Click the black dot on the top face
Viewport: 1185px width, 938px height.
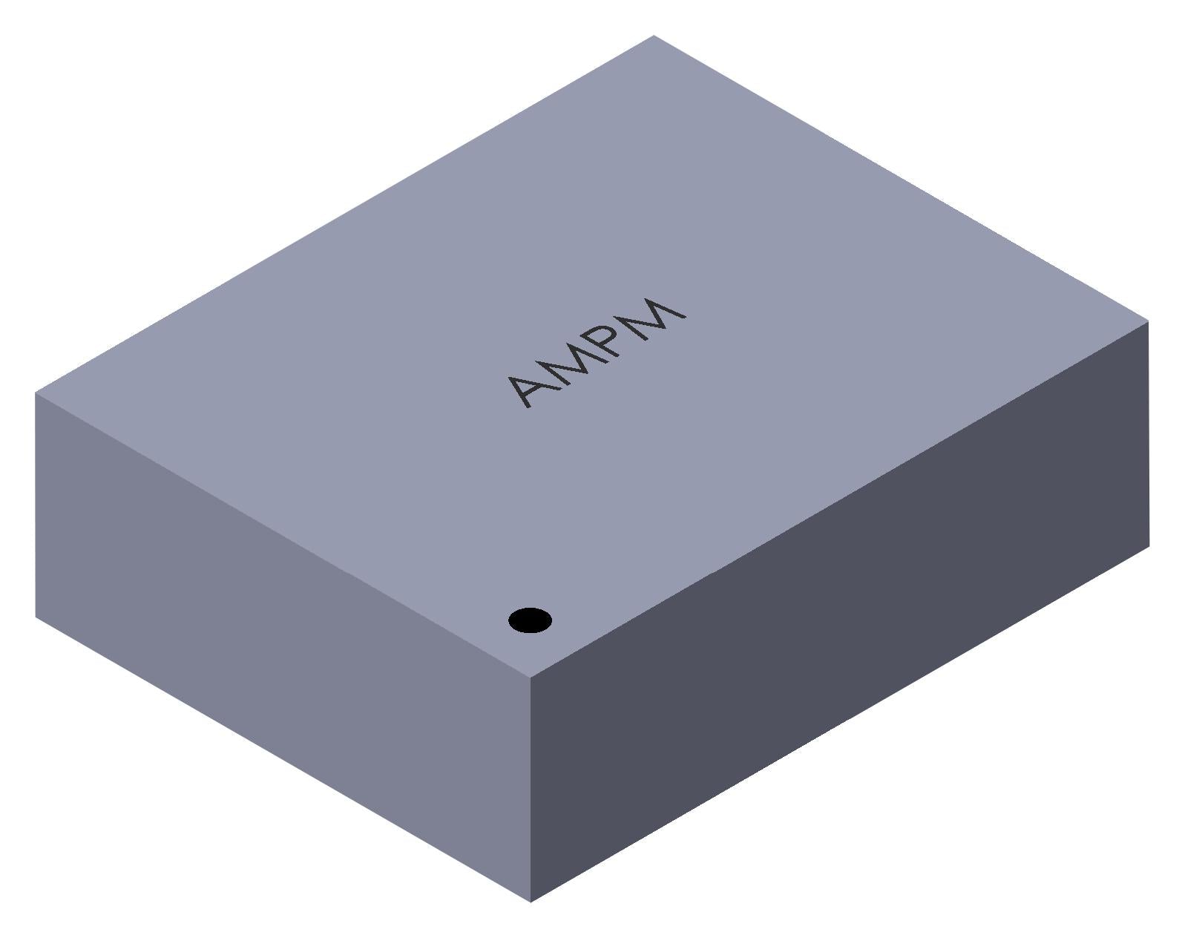click(x=530, y=620)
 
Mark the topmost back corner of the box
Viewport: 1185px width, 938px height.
click(x=653, y=36)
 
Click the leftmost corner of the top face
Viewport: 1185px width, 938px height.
click(x=36, y=393)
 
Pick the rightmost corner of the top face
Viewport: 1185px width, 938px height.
click(x=1148, y=321)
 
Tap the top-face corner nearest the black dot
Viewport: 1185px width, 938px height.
click(x=530, y=677)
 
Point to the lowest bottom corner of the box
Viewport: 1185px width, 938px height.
click(x=530, y=902)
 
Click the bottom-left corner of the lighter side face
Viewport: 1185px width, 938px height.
click(x=36, y=617)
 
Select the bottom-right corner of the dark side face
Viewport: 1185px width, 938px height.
click(x=1149, y=547)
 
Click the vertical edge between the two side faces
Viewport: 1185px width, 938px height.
click(x=530, y=787)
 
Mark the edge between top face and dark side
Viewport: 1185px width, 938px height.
click(x=838, y=499)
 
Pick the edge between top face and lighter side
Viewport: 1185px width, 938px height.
click(x=282, y=535)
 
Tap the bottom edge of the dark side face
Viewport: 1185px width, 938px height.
click(x=838, y=724)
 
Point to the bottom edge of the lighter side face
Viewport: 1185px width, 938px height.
click(x=282, y=758)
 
